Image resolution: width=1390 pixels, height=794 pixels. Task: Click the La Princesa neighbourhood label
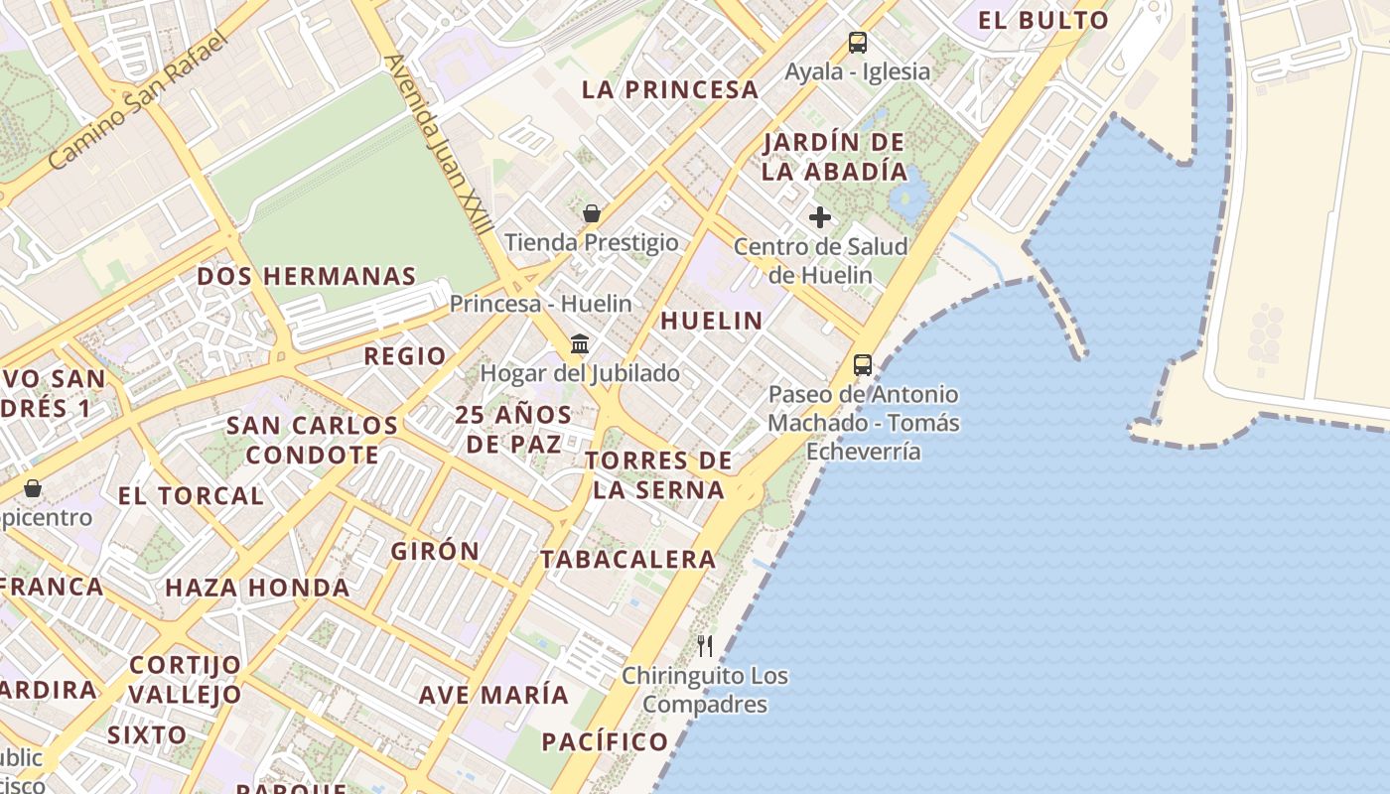pos(669,89)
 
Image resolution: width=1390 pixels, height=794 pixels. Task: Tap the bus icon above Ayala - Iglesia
pos(858,43)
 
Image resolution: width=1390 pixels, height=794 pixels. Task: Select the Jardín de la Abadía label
pos(834,157)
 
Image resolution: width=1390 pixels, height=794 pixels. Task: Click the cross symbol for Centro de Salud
pos(820,216)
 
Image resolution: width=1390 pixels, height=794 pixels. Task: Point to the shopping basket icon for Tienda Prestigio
pos(592,213)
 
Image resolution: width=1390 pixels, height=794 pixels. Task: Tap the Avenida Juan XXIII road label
pos(438,145)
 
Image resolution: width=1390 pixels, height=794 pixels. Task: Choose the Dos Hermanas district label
pos(306,276)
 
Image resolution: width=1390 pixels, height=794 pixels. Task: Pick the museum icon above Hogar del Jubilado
pos(580,344)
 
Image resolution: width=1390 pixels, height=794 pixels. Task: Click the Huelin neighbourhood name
pos(711,321)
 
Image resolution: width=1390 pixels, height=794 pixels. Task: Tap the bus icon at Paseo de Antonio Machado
pos(863,364)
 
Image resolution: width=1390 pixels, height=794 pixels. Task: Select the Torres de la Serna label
pos(658,475)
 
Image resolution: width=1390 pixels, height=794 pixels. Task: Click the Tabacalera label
pos(627,560)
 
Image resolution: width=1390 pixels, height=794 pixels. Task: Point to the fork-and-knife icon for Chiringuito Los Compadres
pos(705,646)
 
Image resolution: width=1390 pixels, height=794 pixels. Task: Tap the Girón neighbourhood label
pos(435,551)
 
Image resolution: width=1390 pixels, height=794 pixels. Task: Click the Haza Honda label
pos(257,588)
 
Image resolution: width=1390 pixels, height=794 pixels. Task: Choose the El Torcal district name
pos(191,495)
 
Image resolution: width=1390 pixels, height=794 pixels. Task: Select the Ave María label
pos(493,695)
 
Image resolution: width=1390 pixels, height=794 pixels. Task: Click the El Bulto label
pos(1042,20)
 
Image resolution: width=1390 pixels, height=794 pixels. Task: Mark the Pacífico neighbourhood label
pos(605,741)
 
